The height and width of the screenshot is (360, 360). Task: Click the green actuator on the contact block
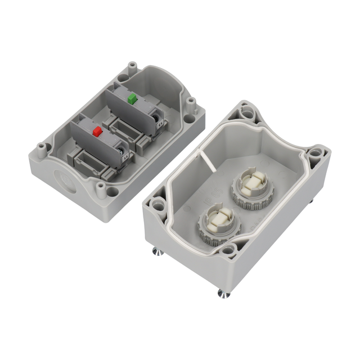tap(133, 99)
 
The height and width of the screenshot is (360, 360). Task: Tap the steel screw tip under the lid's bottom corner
tap(221, 293)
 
